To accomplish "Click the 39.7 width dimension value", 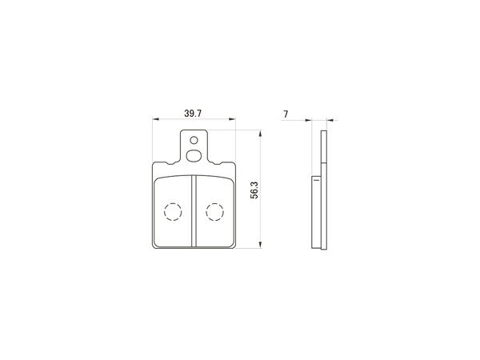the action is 193,114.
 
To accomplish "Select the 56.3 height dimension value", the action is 254,190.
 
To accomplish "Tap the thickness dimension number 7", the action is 286,114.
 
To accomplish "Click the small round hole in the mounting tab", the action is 194,141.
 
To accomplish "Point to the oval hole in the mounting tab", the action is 194,155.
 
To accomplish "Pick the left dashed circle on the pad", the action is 173,212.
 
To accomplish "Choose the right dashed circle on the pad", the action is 215,212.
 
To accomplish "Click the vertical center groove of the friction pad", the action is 194,211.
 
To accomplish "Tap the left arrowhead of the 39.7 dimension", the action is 156,119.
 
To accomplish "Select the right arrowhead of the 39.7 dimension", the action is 232,119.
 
